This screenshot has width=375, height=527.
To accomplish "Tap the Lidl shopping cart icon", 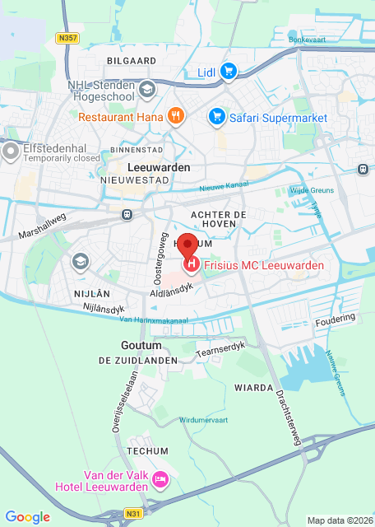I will pos(229,72).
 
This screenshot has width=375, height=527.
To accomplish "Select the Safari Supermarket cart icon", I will pos(217,117).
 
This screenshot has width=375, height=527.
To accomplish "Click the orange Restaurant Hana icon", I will pos(174,117).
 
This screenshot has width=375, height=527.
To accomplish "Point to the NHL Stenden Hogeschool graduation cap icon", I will pos(146,89).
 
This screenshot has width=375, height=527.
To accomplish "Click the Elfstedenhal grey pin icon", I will pos(11,152).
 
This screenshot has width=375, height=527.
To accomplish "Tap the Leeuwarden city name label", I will pos(159,167).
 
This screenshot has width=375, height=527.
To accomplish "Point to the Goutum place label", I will pos(137,346).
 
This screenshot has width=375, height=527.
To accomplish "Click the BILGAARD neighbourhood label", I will pos(131,61).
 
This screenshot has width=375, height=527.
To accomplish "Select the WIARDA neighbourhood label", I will pos(252,387).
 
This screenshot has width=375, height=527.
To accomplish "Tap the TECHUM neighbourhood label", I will pos(147,451).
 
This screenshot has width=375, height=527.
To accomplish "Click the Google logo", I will pos(28,517).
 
